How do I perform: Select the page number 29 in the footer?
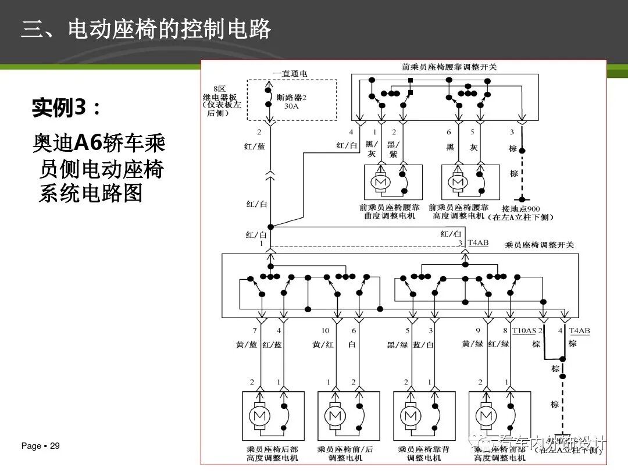tap(55, 446)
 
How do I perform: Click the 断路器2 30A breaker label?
tap(291, 102)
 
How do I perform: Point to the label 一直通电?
tap(290, 74)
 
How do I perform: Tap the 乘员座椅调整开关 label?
tap(540, 245)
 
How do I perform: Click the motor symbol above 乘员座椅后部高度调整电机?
tap(258, 416)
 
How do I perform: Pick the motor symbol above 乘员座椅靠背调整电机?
tap(411, 416)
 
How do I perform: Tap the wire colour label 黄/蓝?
tap(247, 344)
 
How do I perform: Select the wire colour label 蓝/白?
tap(423, 344)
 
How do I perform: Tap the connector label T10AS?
tap(524, 331)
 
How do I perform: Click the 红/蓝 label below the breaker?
tap(254, 147)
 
